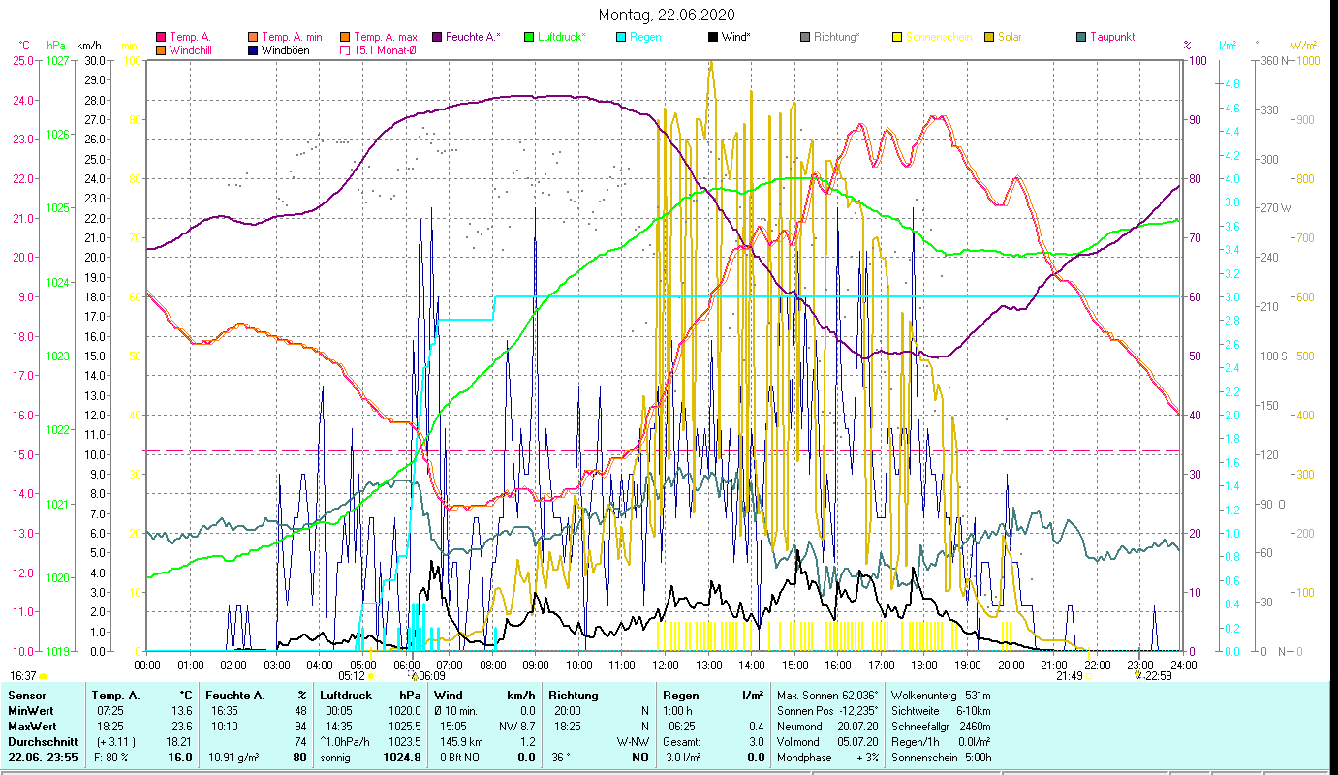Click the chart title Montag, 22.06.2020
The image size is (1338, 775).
[667, 15]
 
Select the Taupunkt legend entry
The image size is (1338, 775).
[1111, 37]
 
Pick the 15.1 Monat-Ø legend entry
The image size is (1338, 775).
[386, 50]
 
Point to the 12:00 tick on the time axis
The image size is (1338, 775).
[666, 666]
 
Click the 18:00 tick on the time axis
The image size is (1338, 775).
[924, 666]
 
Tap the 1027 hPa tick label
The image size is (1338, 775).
[58, 60]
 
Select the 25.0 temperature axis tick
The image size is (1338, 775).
[22, 60]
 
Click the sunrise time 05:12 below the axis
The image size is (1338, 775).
[351, 675]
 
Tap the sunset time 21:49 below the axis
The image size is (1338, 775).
[1069, 675]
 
